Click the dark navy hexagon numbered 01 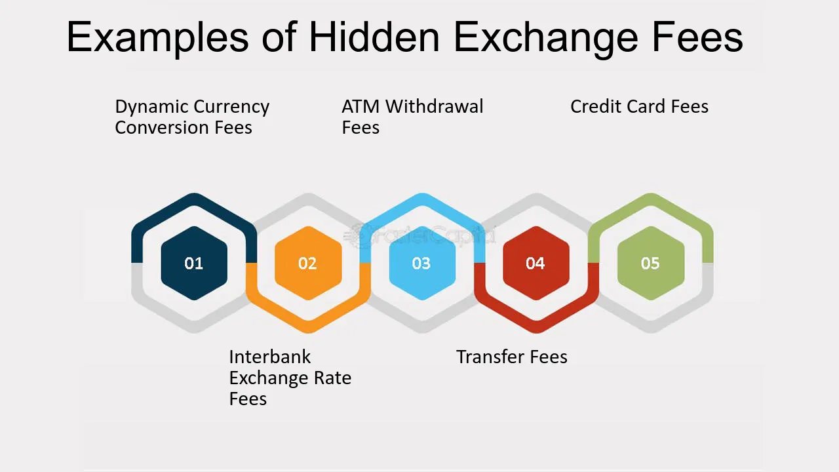coord(194,264)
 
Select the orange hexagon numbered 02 coord(307,264)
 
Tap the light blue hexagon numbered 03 coord(421,264)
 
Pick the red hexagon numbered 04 coord(536,264)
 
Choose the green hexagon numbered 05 coord(650,264)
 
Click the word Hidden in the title coord(374,37)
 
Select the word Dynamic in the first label coord(151,108)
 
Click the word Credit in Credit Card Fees coord(593,106)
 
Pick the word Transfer coord(488,357)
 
